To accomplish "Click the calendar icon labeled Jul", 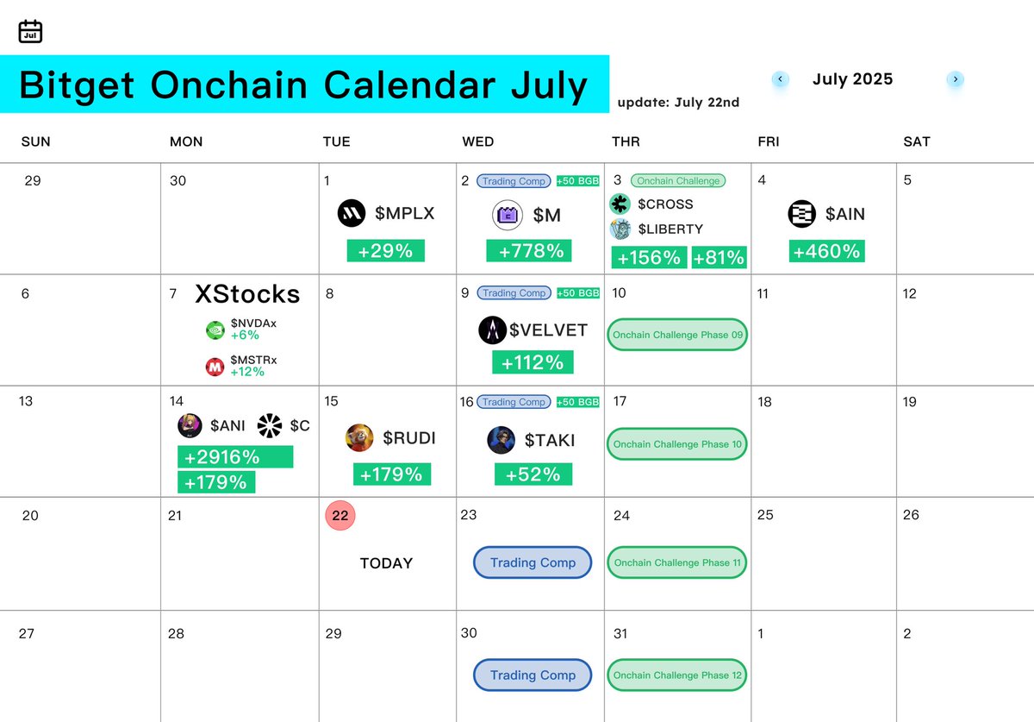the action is click(30, 31).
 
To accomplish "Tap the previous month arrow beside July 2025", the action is click(780, 79).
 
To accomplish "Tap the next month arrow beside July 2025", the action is click(955, 79).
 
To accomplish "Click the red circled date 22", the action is click(340, 515).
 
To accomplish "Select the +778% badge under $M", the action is click(529, 250).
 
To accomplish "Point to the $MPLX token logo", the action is click(352, 213).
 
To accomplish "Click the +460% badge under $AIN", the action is click(826, 251).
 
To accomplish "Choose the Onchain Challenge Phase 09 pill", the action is click(677, 334).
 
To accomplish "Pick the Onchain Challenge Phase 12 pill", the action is click(677, 675).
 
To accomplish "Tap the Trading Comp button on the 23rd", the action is click(533, 562).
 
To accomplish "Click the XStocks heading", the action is click(247, 294).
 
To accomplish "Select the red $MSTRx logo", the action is click(215, 367).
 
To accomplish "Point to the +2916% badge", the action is click(235, 456).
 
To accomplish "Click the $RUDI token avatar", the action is click(359, 437).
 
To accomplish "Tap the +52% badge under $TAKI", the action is click(533, 474).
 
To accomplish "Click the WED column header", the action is click(477, 141).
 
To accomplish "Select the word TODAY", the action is click(386, 563).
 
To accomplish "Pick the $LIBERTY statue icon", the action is click(620, 229).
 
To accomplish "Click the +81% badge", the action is click(719, 257).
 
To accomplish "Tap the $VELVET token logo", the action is click(492, 330).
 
